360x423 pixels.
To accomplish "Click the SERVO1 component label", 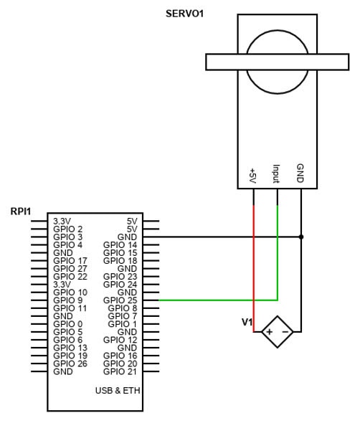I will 184,13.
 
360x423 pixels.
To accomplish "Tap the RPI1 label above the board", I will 21,211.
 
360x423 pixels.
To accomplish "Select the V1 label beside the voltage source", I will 247,323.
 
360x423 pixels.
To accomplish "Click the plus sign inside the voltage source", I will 269,332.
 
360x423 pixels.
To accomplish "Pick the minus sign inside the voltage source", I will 285,332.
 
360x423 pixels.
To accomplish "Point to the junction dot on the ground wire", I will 301,237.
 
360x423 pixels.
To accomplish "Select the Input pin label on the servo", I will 276,174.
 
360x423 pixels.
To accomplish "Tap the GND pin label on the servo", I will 300,174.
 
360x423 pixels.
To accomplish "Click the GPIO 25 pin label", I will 120,300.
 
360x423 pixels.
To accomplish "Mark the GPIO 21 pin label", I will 120,371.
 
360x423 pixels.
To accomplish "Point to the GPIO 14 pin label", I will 120,245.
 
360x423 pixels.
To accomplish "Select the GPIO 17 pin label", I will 70,261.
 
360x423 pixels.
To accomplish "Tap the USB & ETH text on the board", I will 118,391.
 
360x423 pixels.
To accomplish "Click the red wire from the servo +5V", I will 254,258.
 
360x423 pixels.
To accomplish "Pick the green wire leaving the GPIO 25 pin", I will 215,300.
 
